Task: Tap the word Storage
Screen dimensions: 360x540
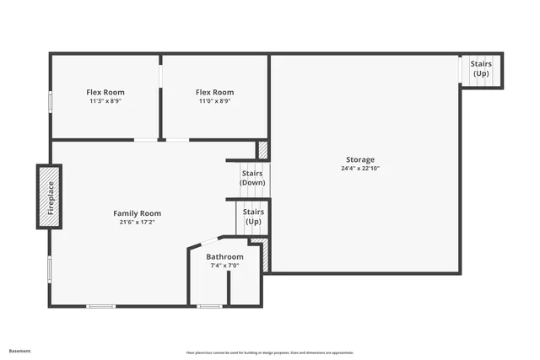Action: (360, 159)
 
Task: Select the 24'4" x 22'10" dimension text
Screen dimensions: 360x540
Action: (360, 168)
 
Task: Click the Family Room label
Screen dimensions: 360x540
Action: (137, 213)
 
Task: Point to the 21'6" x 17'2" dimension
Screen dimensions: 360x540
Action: (137, 223)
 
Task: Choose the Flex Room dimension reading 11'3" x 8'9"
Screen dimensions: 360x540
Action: (105, 101)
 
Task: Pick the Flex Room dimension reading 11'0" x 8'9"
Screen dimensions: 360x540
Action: (214, 101)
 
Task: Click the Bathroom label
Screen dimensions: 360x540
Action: (224, 256)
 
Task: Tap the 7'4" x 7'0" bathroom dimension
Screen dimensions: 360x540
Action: (224, 266)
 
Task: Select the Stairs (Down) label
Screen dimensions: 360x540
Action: (252, 178)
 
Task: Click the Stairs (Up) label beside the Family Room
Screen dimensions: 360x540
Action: (253, 217)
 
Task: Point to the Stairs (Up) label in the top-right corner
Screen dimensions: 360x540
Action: (481, 69)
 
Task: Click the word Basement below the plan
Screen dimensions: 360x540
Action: (20, 351)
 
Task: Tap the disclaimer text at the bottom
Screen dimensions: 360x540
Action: (270, 352)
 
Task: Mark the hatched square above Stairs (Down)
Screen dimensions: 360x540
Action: (262, 150)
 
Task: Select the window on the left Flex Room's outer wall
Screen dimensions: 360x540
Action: (51, 100)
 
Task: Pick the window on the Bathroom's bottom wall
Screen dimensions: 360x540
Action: (210, 306)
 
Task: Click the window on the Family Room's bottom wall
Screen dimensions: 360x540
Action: (101, 306)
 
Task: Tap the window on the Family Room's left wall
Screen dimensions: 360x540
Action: (50, 270)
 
